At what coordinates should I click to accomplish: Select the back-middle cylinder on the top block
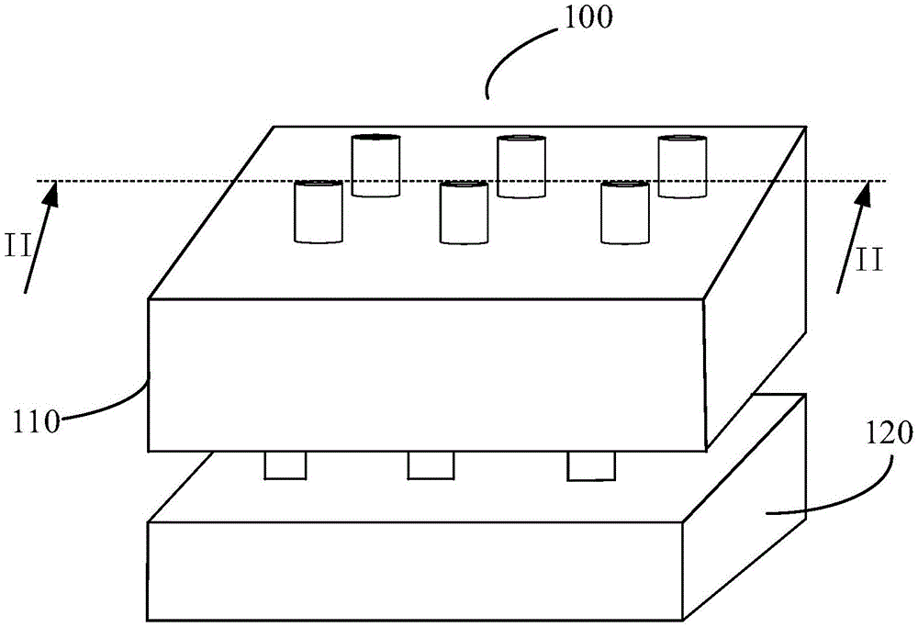521,166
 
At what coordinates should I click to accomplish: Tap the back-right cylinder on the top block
683,166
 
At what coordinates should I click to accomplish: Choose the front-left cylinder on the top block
319,212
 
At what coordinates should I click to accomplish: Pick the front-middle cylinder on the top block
464,212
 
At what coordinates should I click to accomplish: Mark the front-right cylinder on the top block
624,212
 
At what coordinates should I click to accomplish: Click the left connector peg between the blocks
285,465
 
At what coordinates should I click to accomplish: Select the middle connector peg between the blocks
431,465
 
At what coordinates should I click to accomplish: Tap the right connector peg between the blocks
590,466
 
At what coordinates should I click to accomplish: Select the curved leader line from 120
840,491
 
